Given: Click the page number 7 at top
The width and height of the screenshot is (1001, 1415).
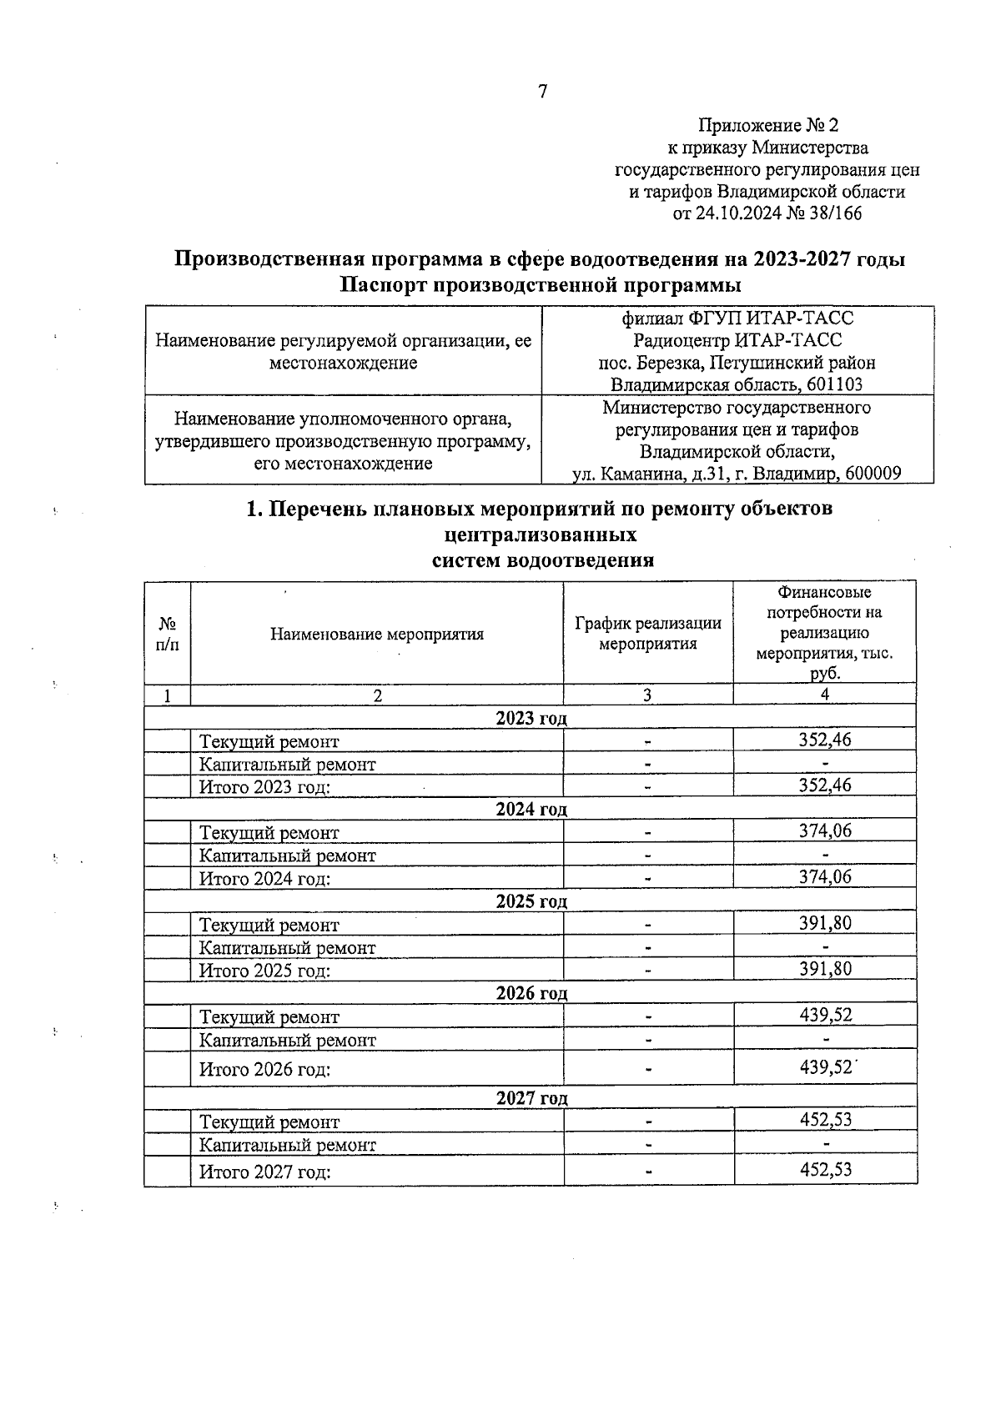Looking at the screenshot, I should pyautogui.click(x=542, y=92).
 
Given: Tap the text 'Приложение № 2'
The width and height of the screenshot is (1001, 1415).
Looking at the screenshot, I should pyautogui.click(x=767, y=126).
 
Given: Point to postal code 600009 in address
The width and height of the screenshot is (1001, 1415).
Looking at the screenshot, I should pyautogui.click(x=873, y=474).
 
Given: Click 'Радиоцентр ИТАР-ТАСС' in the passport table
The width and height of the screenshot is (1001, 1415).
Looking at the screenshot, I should pyautogui.click(x=737, y=340).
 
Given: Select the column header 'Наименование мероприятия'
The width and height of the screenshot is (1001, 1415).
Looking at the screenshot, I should pyautogui.click(x=377, y=634).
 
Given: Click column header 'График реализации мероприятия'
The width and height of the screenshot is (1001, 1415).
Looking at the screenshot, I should pyautogui.click(x=648, y=634).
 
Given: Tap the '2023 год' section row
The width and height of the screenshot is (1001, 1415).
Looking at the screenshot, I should pyautogui.click(x=531, y=718).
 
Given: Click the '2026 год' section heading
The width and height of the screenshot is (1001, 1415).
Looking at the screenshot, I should pyautogui.click(x=531, y=993).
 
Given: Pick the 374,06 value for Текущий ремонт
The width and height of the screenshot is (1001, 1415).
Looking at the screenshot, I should pyautogui.click(x=825, y=830).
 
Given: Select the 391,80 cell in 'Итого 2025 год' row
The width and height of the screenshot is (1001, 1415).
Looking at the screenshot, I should pyautogui.click(x=825, y=969).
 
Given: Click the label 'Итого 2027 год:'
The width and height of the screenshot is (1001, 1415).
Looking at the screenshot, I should pyautogui.click(x=264, y=1172).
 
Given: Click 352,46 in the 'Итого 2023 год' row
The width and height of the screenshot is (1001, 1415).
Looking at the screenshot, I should pyautogui.click(x=825, y=785).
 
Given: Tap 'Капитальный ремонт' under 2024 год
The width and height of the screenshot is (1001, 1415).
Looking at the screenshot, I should pyautogui.click(x=287, y=856).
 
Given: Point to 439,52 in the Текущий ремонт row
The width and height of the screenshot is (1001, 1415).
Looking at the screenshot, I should pyautogui.click(x=825, y=1015).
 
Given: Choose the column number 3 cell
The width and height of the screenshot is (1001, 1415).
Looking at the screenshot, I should pyautogui.click(x=647, y=695).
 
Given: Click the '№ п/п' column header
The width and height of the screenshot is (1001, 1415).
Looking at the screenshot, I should pyautogui.click(x=167, y=634).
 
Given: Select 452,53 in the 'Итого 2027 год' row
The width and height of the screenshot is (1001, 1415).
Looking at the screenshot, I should pyautogui.click(x=825, y=1169).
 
